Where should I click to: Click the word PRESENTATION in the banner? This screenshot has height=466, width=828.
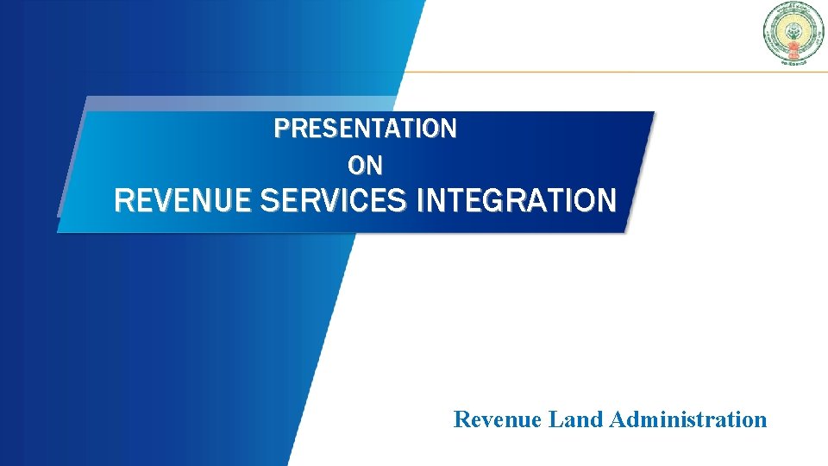click(x=365, y=129)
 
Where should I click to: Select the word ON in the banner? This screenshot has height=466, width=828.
click(x=365, y=164)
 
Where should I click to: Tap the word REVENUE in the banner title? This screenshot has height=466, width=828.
click(x=183, y=201)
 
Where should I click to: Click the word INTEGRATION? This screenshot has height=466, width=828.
click(x=516, y=201)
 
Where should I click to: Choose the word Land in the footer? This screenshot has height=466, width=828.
click(x=576, y=420)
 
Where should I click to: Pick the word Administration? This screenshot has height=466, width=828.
click(x=687, y=420)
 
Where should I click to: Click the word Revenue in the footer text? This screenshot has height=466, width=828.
click(x=498, y=420)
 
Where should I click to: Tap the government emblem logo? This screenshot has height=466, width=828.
click(x=793, y=33)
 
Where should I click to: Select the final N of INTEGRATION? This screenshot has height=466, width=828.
click(x=607, y=201)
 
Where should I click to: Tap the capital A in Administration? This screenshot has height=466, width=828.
click(x=617, y=420)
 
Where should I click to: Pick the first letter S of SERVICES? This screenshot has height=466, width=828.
click(x=267, y=201)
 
